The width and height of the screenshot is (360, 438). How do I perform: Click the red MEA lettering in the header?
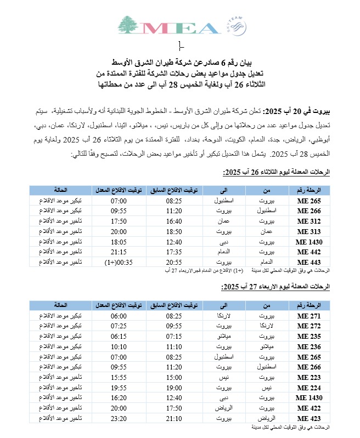(180, 28)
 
